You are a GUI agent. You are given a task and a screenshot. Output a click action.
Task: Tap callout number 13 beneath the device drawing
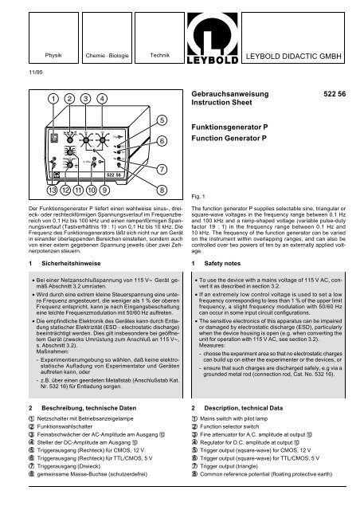pos(29,190)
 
